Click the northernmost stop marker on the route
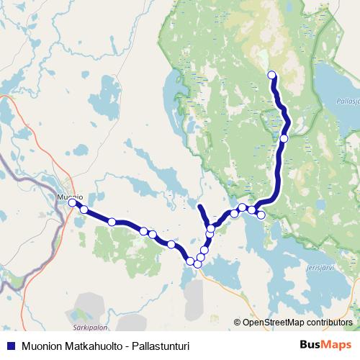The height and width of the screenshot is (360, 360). [x=272, y=75]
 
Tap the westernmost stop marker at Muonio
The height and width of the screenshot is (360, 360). [x=73, y=203]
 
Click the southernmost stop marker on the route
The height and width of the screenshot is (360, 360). [x=197, y=264]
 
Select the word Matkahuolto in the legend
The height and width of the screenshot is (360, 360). [x=91, y=346]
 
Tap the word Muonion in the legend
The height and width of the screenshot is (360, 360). [x=42, y=346]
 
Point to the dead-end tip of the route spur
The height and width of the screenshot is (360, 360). [x=199, y=208]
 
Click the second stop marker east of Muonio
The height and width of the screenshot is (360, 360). [x=112, y=222]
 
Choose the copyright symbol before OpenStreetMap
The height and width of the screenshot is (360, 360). [x=238, y=323]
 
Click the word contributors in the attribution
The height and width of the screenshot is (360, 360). [x=328, y=323]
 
